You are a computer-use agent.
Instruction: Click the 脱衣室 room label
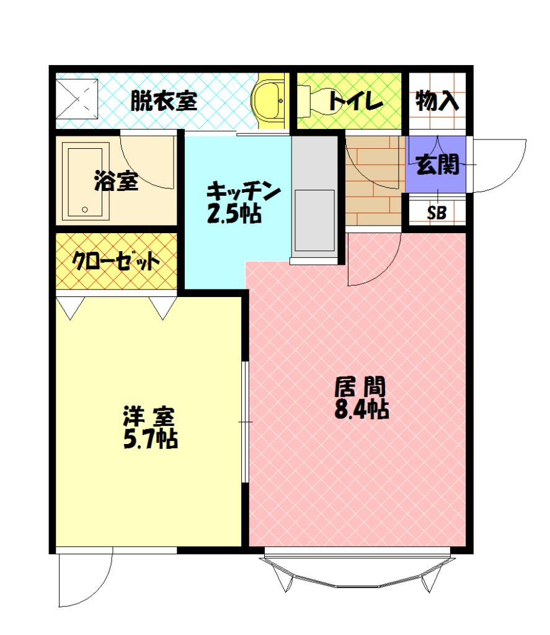point(163,100)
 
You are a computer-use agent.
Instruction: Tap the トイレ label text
point(355,101)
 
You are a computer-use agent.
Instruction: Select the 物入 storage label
point(437,100)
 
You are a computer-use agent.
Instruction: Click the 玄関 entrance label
point(437,165)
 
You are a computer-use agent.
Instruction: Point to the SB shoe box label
point(437,213)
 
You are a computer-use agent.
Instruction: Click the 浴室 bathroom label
point(116,181)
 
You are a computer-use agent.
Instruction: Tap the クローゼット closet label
point(117,262)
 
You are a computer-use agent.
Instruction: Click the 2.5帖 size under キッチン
point(233,214)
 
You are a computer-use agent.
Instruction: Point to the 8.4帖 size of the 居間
point(361,409)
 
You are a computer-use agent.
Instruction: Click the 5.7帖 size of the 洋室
point(151,438)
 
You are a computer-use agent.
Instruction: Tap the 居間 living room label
point(360,387)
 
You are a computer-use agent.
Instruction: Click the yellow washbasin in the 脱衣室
point(270,100)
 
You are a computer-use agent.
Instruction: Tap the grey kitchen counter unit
point(314,198)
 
